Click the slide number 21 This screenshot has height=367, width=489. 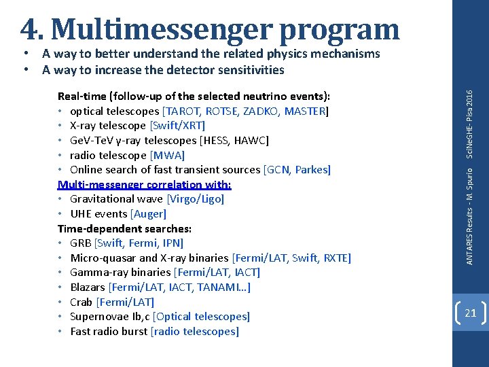click(470, 313)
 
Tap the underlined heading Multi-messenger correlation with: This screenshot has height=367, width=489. click(145, 185)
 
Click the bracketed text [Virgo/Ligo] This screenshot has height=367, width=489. click(195, 199)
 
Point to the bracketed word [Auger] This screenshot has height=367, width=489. click(148, 214)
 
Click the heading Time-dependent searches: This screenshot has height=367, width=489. click(124, 229)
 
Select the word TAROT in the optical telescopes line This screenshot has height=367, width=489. click(180, 111)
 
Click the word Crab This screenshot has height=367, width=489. click(81, 302)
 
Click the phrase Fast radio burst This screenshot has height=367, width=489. click(109, 332)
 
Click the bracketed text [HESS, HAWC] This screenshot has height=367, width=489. click(233, 141)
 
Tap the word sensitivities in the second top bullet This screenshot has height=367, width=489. click(251, 69)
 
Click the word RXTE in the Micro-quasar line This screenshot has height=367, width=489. click(337, 258)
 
